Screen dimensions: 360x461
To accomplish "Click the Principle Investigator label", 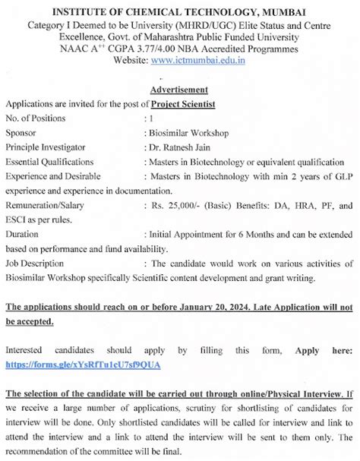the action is tap(48, 147).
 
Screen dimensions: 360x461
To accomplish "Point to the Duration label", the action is tap(23, 234).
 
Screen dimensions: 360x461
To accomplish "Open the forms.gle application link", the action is tap(83, 365).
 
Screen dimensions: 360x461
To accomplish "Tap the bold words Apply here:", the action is tap(323, 350).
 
